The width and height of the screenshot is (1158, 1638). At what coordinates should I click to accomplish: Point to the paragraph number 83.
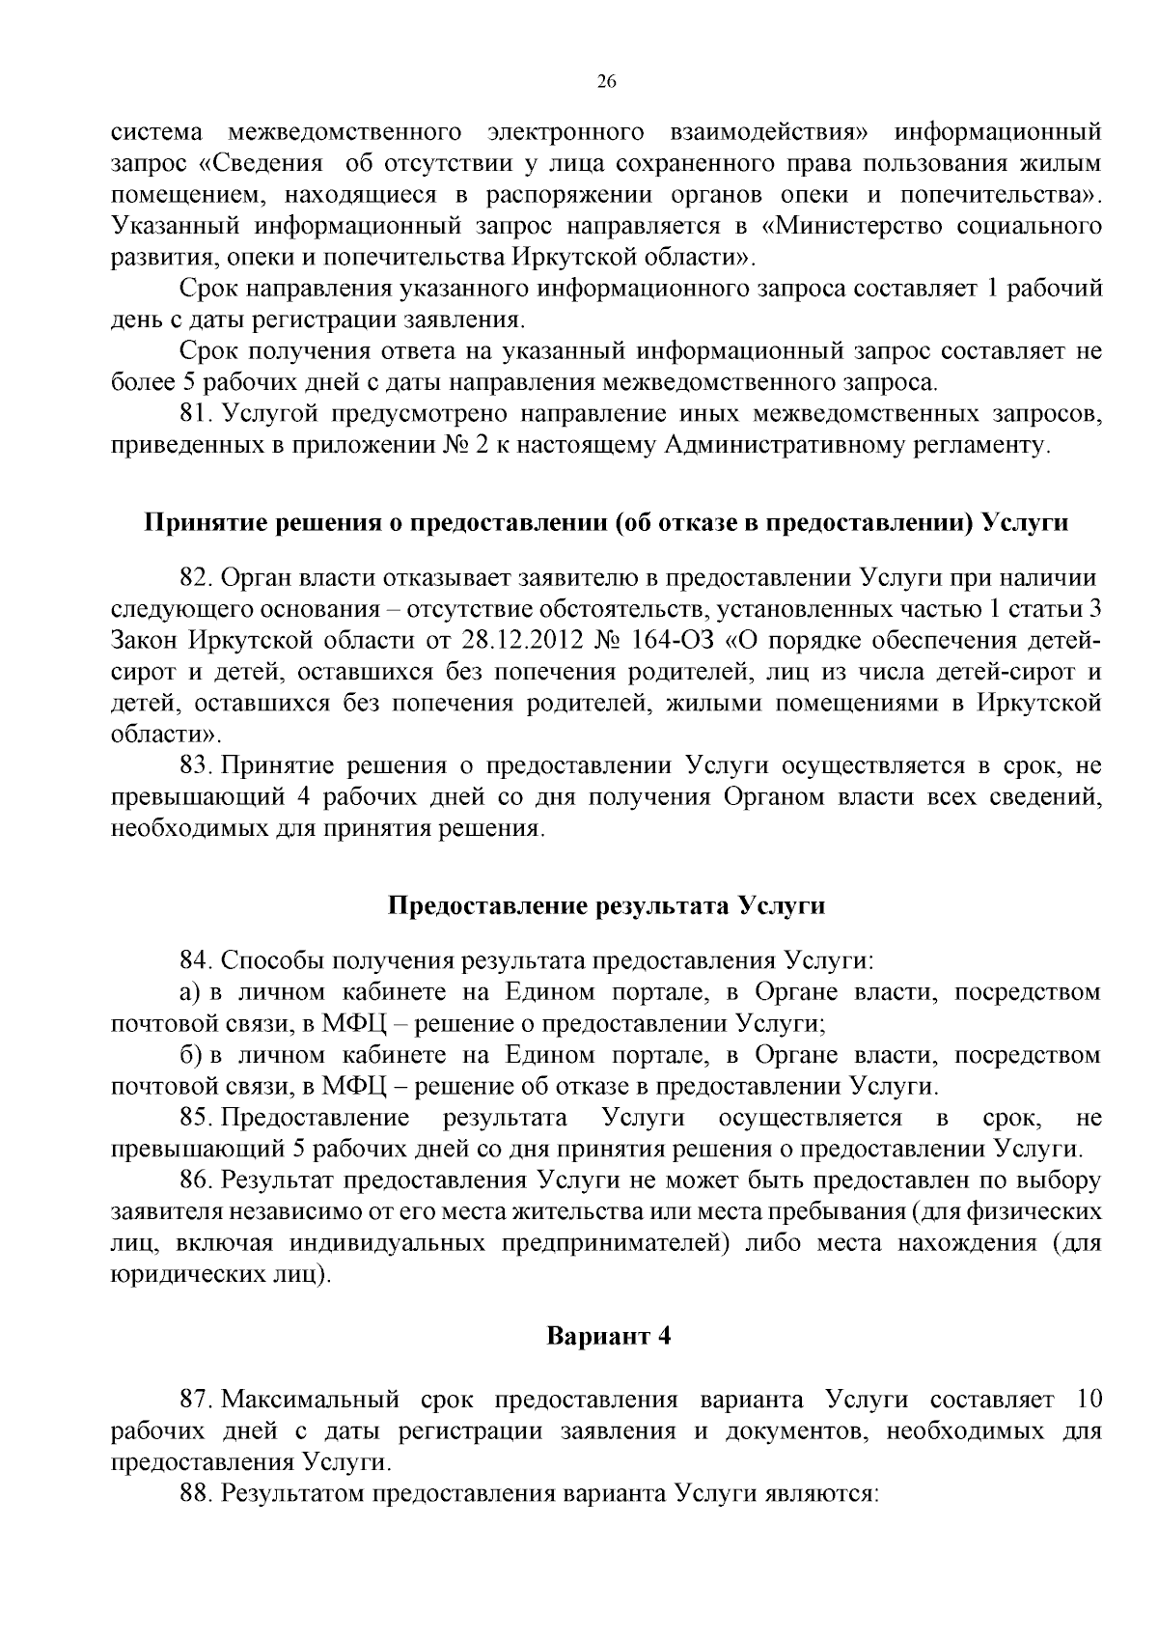click(x=196, y=765)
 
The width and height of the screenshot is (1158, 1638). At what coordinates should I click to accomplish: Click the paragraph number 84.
click(x=196, y=960)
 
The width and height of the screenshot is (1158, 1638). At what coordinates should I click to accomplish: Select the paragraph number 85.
click(x=196, y=1118)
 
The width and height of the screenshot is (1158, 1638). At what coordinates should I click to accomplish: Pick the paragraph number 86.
click(x=196, y=1180)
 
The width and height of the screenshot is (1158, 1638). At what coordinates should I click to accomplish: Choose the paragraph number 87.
click(x=196, y=1400)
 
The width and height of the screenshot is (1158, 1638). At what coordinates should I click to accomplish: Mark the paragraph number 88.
click(x=196, y=1493)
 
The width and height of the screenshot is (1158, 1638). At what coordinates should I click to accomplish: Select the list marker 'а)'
click(x=190, y=992)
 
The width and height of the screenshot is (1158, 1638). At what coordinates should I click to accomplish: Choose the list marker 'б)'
click(x=190, y=1055)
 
